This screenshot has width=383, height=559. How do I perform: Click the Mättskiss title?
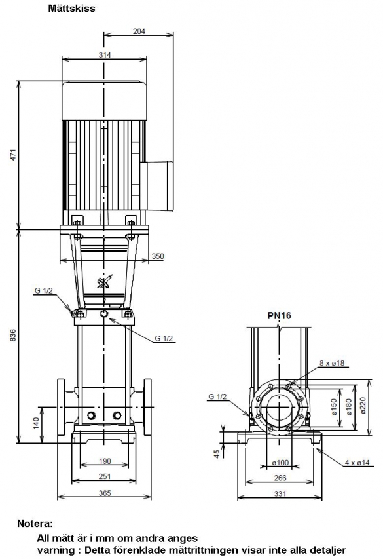pos(71,9)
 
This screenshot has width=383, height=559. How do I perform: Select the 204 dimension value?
pos(139,31)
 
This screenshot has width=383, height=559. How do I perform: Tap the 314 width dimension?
pos(105,55)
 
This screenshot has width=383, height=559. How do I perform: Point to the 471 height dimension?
pos(14,155)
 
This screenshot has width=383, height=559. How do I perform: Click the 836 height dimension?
pos(14,335)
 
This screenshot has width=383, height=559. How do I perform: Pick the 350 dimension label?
pos(158,256)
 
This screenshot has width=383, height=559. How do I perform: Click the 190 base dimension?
pos(105,461)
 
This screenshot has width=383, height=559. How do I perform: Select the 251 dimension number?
pos(105,476)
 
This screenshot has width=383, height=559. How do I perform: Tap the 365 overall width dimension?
pos(105,493)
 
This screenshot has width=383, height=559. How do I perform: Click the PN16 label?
pos(280,315)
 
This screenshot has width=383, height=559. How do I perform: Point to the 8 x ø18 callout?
pos(332,363)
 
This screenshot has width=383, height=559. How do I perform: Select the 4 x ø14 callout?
pos(357,463)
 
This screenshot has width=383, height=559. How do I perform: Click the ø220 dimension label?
pos(363,406)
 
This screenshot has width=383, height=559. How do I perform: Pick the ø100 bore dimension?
pos(280,463)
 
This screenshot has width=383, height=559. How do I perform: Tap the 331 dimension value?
pos(280,493)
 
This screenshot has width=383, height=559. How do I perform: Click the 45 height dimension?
pos(217,454)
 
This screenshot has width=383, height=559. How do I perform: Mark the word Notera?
pos(35,524)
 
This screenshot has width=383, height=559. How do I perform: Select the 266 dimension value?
pos(280,478)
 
